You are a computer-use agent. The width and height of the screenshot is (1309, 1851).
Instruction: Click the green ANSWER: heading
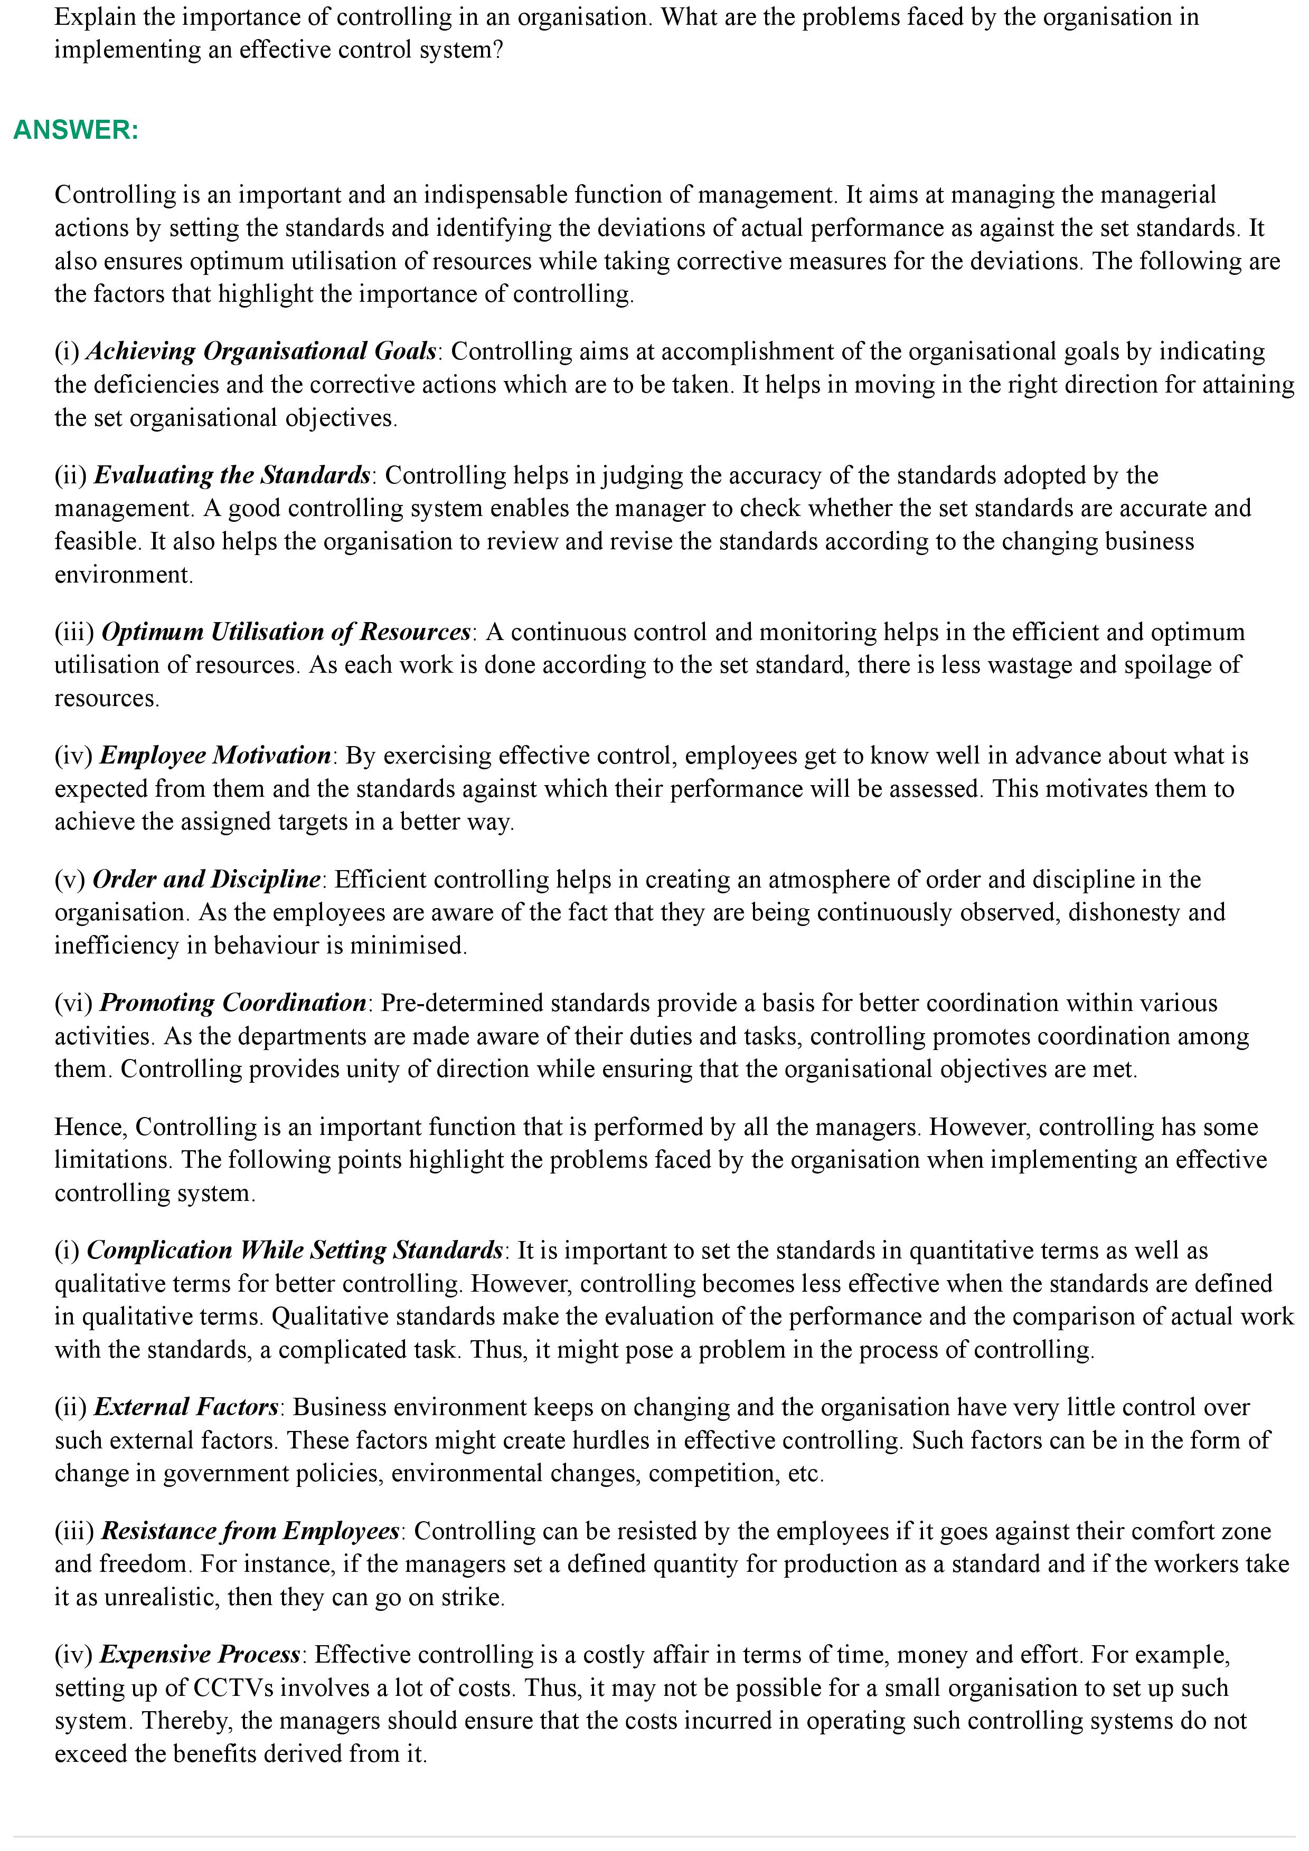[76, 130]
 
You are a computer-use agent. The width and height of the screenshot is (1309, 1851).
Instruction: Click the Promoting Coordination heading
[233, 1003]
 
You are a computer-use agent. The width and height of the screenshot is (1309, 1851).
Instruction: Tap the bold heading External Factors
[186, 1407]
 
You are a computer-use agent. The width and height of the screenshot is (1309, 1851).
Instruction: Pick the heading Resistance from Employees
[250, 1531]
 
